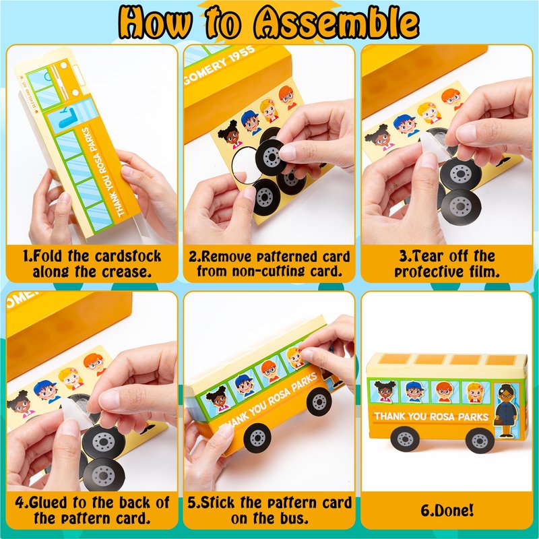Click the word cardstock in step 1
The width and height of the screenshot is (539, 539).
128,256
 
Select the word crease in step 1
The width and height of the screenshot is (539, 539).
126,272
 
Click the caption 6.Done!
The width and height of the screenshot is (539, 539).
447,511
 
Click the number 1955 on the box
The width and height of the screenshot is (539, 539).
242,55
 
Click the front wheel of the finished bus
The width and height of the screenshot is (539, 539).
480,440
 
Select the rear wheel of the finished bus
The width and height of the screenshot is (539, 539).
406,439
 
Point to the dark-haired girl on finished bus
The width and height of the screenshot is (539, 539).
383,391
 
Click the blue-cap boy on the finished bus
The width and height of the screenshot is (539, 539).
414,391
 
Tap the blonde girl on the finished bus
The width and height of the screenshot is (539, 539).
475,392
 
